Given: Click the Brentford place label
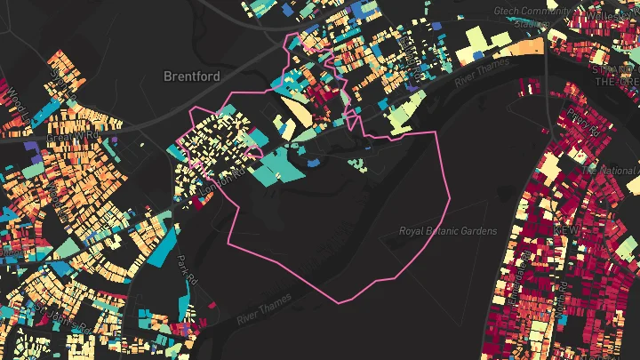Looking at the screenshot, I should [191, 76].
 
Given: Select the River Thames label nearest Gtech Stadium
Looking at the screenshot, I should [480, 70].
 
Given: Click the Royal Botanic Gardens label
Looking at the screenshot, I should [447, 231].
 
